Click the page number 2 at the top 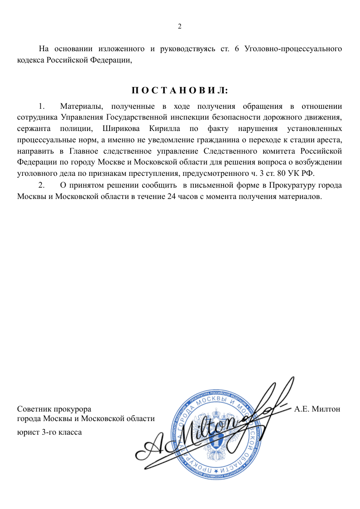tap(179, 26)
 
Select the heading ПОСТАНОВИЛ tap(180, 91)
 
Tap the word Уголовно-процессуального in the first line tap(293, 48)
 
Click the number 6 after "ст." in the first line tap(237, 48)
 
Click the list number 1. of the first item tap(42, 107)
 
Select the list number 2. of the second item tap(42, 185)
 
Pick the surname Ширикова tap(119, 128)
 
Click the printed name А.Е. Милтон tap(317, 409)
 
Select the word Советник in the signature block tap(33, 409)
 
